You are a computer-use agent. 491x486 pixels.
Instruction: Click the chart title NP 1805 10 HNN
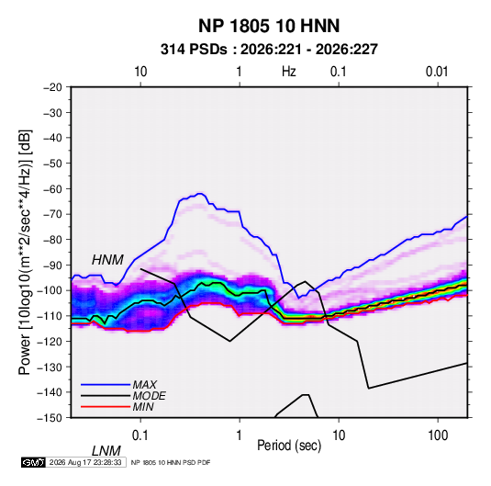(x=269, y=26)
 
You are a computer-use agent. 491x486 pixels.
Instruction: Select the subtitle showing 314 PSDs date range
(x=269, y=50)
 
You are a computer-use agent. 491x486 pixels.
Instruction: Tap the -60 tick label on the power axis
(x=52, y=188)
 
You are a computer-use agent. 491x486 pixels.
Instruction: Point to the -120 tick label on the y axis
(x=50, y=341)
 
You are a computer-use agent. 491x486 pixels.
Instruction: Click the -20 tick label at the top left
(x=52, y=87)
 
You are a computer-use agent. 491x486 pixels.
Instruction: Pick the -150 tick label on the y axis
(x=50, y=418)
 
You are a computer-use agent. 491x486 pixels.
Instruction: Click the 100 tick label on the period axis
(x=438, y=435)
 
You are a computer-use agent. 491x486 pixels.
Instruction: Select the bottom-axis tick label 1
(x=240, y=435)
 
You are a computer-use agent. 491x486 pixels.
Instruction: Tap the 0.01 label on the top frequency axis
(x=437, y=72)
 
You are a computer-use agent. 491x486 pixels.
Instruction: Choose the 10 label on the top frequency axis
(x=140, y=72)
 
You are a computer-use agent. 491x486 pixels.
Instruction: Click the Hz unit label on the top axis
(x=289, y=72)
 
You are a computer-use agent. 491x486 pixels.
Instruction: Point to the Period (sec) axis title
(x=289, y=446)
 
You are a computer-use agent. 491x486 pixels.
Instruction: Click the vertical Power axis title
(x=25, y=252)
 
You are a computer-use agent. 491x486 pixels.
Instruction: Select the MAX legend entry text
(x=145, y=385)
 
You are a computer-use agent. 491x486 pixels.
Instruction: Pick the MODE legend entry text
(x=149, y=396)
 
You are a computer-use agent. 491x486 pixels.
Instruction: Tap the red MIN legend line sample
(x=106, y=407)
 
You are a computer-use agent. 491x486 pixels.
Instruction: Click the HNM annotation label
(x=107, y=260)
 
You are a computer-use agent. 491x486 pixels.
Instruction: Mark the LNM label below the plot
(x=106, y=451)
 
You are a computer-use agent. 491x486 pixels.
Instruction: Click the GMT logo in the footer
(x=33, y=462)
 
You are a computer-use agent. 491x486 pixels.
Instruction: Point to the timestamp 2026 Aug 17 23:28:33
(x=85, y=462)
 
